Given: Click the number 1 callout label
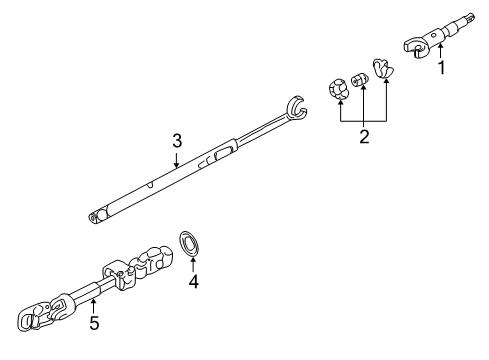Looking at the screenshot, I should (439, 69).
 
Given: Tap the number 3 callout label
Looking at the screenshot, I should (176, 140).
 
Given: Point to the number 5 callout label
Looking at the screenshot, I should (95, 323).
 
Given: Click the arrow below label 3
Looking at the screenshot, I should (176, 159).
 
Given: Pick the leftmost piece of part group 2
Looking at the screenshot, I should (338, 87).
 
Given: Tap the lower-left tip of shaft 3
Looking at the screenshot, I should (95, 215).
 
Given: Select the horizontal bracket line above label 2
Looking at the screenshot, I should (363, 120).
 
